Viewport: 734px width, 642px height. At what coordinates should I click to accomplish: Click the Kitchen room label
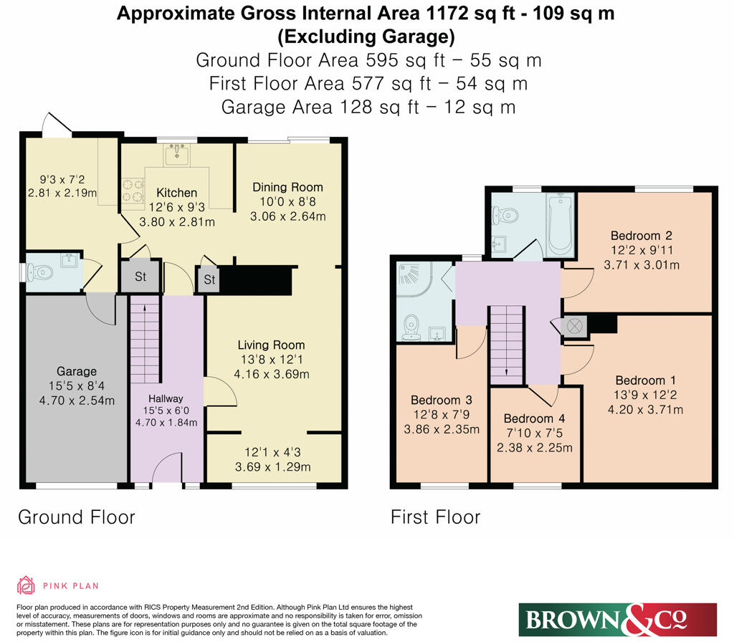176,192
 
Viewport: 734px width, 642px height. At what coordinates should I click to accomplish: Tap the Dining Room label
287,187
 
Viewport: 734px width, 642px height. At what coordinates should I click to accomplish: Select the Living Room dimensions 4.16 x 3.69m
272,374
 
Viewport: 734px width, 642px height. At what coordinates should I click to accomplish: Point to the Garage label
77,371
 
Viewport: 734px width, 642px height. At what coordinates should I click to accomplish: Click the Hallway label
166,398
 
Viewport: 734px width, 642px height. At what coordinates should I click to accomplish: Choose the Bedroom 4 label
534,418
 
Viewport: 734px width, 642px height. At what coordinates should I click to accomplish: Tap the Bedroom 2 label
642,235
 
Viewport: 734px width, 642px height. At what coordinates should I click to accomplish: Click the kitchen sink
177,155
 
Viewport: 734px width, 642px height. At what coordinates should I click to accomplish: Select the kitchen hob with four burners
133,191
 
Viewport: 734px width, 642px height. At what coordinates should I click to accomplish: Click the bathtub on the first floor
561,225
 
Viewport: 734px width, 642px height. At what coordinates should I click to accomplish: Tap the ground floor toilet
39,272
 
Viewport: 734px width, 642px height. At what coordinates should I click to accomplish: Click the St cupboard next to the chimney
209,280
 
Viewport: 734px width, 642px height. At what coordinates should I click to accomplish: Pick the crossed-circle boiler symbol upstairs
573,325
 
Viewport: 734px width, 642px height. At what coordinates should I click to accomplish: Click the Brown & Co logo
617,620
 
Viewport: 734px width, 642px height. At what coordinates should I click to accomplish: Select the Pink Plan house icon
27,585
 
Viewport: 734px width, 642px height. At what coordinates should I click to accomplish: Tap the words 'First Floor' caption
435,517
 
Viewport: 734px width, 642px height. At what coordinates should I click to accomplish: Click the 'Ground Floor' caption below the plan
77,517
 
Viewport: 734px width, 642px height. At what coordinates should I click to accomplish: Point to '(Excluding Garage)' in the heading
366,37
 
